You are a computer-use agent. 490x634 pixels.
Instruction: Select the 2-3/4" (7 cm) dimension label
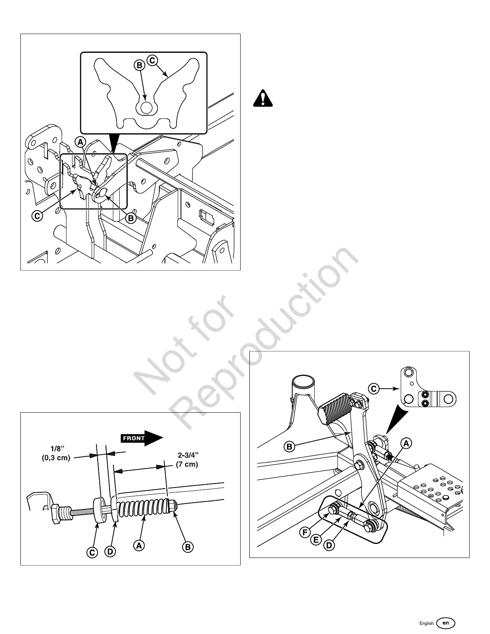pos(187,460)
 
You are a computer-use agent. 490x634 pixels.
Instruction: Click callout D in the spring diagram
pos(111,552)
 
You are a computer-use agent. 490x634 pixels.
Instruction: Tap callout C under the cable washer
pos(92,553)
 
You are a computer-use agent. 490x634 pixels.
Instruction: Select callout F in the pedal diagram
pos(305,533)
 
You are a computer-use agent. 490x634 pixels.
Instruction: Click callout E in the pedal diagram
pos(316,540)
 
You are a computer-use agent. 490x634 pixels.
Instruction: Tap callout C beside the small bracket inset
pos(374,388)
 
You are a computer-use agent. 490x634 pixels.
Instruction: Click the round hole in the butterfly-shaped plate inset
pos(145,108)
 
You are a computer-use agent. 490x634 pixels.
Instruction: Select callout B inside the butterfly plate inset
pos(139,65)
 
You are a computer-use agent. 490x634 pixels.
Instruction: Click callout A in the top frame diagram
pos(81,142)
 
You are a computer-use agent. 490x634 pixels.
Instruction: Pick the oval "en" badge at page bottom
pos(446,623)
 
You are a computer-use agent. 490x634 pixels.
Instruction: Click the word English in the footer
pos(426,623)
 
